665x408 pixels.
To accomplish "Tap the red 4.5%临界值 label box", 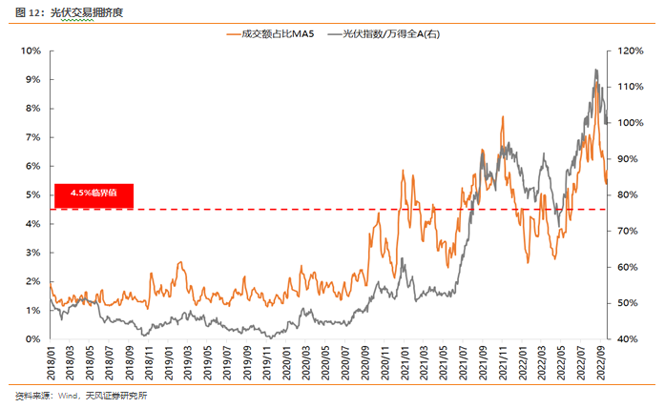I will [94, 193].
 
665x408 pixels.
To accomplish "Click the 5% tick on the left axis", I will [31, 194].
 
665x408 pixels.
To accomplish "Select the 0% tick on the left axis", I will [31, 338].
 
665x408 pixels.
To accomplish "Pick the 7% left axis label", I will [31, 137].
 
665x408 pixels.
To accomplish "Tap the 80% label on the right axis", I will [630, 194].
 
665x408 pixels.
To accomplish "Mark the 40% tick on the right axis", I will [630, 338].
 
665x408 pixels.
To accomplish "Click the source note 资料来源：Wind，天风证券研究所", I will [81, 395].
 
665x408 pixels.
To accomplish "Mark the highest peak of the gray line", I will [595, 70].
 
